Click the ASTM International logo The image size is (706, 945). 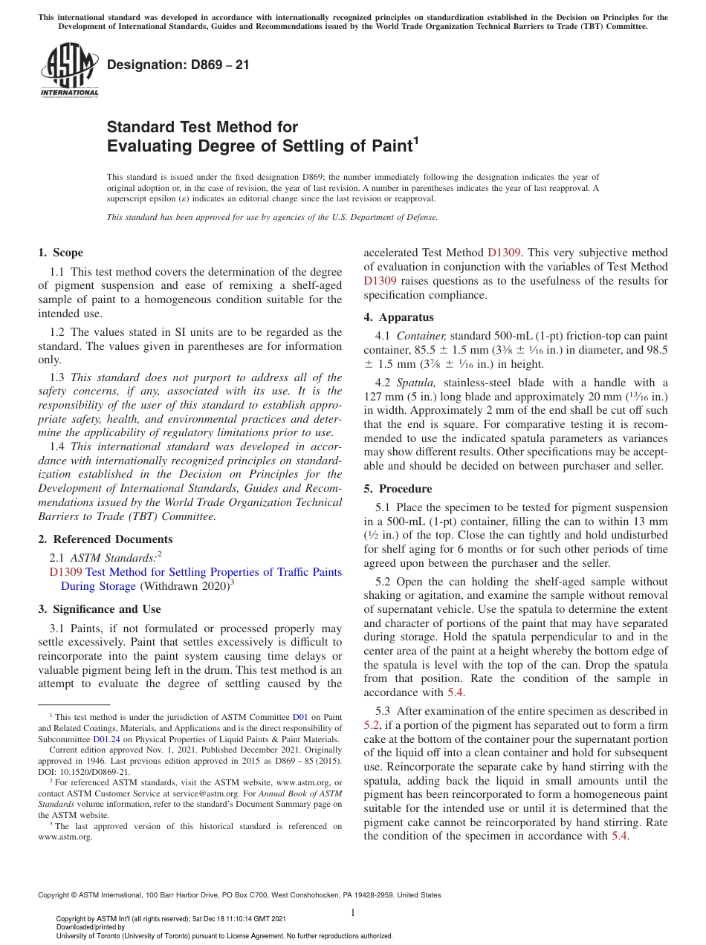[69, 71]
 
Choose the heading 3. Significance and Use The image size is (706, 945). [99, 609]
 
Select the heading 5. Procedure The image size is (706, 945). [398, 489]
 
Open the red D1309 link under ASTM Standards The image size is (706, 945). [65, 572]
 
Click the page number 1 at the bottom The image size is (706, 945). [353, 912]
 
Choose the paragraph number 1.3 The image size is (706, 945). [56, 377]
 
